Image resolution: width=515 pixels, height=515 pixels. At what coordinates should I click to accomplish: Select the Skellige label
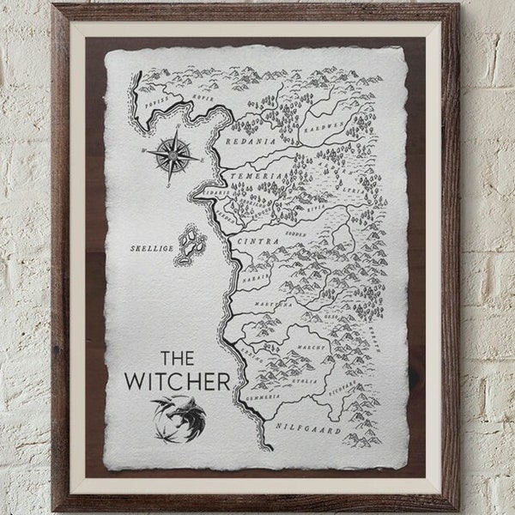coord(151,247)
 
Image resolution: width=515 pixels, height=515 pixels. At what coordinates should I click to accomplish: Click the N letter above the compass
coord(178,130)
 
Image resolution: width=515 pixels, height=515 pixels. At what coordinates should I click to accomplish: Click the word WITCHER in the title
coord(177,379)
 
